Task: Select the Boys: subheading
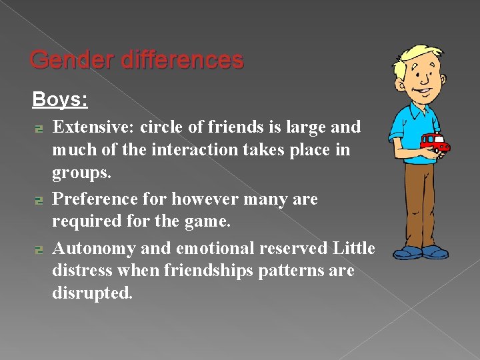point(60,100)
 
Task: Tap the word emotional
point(216,248)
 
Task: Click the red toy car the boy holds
point(435,142)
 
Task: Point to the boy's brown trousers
point(418,200)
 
